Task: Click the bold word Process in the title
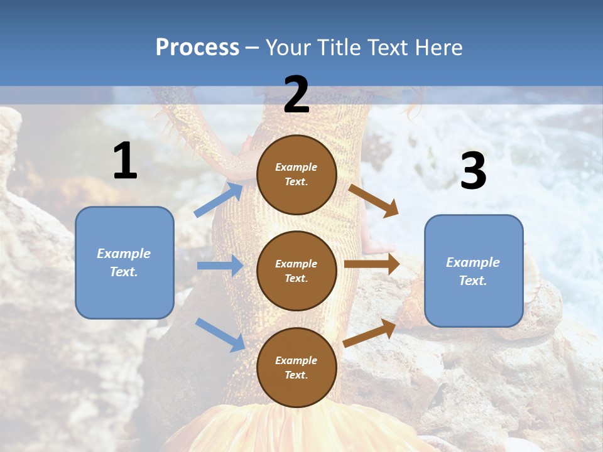click(197, 48)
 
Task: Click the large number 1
click(125, 161)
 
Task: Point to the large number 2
click(296, 95)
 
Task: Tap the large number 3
click(473, 171)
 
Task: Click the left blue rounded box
click(124, 262)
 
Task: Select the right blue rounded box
click(474, 271)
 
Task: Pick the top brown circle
click(296, 175)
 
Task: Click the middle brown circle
click(296, 271)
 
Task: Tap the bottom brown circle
click(296, 367)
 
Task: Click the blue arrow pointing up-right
click(219, 200)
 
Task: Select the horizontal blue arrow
click(220, 266)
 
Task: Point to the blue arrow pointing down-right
click(220, 335)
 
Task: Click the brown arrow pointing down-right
click(373, 200)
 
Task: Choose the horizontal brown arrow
click(372, 264)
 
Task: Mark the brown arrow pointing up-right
click(370, 333)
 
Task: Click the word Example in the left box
click(124, 254)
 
